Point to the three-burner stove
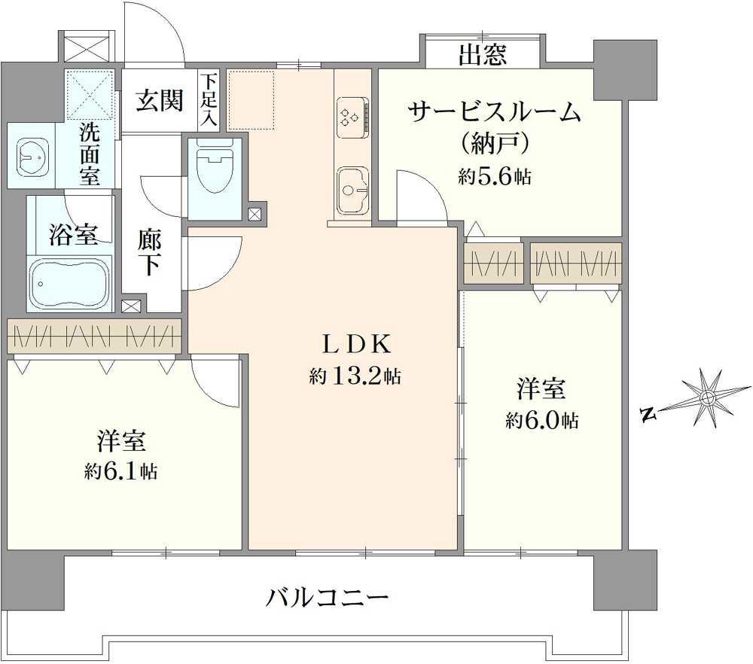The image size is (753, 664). (353, 117)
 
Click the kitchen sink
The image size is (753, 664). (353, 190)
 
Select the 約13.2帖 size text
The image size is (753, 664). (355, 376)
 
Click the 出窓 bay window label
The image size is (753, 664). (483, 54)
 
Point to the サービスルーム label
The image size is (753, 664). (495, 112)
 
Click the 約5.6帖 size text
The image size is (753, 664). (495, 177)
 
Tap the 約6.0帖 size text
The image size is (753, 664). (541, 421)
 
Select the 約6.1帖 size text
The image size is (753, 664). (120, 472)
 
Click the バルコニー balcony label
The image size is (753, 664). (328, 599)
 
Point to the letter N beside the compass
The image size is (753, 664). (649, 414)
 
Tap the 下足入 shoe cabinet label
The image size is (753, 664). (209, 99)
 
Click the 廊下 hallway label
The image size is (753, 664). (149, 254)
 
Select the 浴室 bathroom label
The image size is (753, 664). (73, 235)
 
